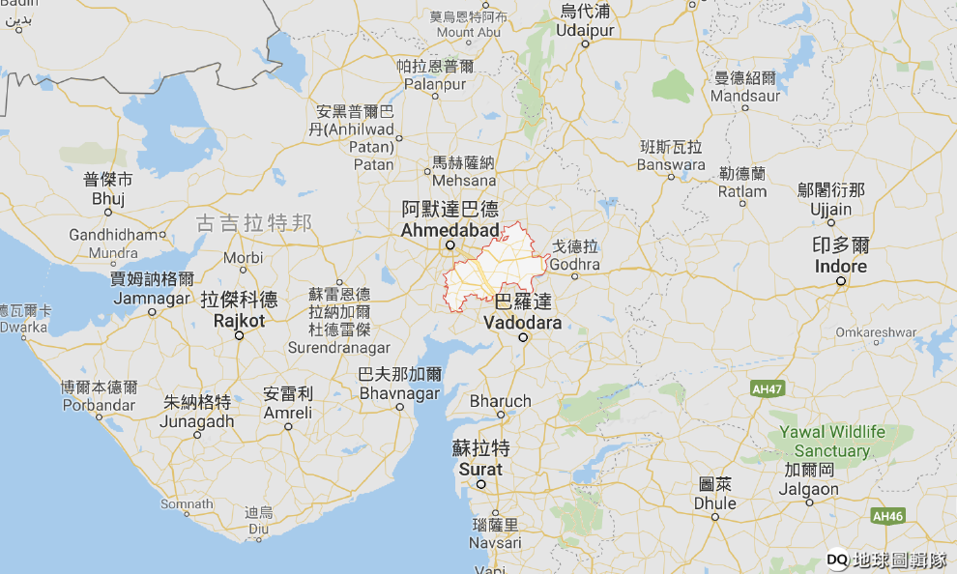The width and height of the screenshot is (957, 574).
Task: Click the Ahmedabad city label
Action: [x=449, y=230]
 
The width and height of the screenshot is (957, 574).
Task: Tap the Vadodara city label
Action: [x=522, y=323]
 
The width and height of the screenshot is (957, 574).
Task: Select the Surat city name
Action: [x=480, y=469]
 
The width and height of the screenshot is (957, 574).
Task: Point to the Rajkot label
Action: [x=238, y=319]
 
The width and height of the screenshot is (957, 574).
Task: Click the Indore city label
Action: [x=840, y=266]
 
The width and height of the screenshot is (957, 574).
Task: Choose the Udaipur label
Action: [x=585, y=31]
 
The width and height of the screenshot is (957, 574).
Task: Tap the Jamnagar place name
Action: [x=152, y=298]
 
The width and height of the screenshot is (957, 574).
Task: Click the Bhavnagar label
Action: [x=399, y=393]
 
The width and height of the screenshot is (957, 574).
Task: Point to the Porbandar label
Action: [x=100, y=405]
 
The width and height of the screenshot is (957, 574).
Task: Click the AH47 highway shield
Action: [x=766, y=387]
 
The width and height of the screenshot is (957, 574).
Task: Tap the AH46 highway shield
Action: [x=886, y=516]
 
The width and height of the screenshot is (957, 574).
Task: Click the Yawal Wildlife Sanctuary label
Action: [x=831, y=442]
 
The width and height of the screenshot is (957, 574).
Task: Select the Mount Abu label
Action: [x=469, y=32]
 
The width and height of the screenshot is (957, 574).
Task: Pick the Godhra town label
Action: [x=575, y=264]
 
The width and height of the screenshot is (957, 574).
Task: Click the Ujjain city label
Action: [x=831, y=210]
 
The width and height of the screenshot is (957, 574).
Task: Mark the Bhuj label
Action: [x=108, y=198]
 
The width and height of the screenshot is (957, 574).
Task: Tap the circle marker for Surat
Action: [x=479, y=484]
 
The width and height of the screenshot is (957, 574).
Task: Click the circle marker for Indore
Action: [x=841, y=281]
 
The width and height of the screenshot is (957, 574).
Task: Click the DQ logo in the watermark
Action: [x=837, y=559]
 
